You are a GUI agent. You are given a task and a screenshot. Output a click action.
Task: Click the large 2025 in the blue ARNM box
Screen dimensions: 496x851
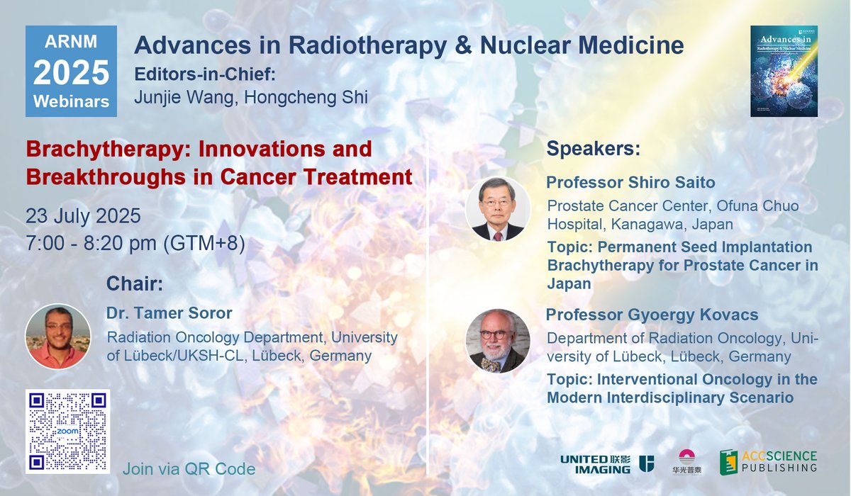[x=71, y=72]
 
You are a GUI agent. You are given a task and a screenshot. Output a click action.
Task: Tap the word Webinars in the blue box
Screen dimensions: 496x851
[x=71, y=101]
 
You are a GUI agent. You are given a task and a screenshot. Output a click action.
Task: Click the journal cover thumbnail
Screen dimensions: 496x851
[x=784, y=71]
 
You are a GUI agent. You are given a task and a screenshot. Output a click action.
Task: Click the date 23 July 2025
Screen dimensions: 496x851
[x=83, y=215]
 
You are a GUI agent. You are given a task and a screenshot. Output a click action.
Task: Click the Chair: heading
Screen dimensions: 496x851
[x=135, y=284]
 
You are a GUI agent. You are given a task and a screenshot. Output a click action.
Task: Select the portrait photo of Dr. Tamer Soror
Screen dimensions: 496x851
[x=57, y=336]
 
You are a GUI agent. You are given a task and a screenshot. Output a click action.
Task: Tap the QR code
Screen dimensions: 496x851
[x=67, y=431]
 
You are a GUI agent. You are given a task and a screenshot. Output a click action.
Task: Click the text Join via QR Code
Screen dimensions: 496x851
[x=189, y=469]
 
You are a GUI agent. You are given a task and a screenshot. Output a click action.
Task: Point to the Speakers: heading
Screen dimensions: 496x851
[x=593, y=150]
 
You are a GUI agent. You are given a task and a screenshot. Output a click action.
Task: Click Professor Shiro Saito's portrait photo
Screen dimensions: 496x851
[x=497, y=209]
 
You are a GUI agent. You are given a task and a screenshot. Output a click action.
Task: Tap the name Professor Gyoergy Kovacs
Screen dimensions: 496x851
[x=652, y=315]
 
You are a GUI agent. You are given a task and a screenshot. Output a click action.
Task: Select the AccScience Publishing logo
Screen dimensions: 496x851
[x=767, y=462]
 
